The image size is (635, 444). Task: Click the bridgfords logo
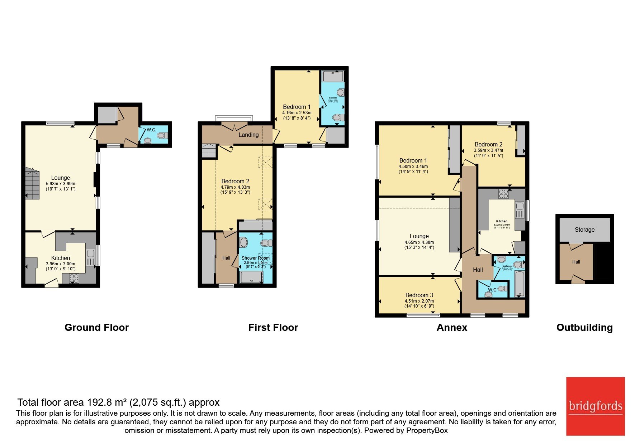[x=595, y=406]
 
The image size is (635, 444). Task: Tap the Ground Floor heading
[x=96, y=327]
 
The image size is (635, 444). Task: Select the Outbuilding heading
[x=584, y=327]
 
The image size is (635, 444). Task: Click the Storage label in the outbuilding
[x=584, y=230]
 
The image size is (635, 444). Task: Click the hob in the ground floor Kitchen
[x=74, y=278]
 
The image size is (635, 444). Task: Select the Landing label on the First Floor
[x=248, y=135]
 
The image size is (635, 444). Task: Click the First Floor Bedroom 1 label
[x=297, y=107]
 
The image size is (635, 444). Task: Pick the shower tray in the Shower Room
[x=252, y=277]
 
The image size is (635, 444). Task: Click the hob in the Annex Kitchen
[x=503, y=194]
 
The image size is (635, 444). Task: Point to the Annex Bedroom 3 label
[x=419, y=295]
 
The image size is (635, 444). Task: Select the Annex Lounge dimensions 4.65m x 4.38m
[x=419, y=242]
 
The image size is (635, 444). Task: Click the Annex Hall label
[x=478, y=270]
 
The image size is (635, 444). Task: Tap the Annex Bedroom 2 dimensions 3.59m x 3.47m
[x=488, y=150]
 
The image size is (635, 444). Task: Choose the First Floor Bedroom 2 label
[x=235, y=181]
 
